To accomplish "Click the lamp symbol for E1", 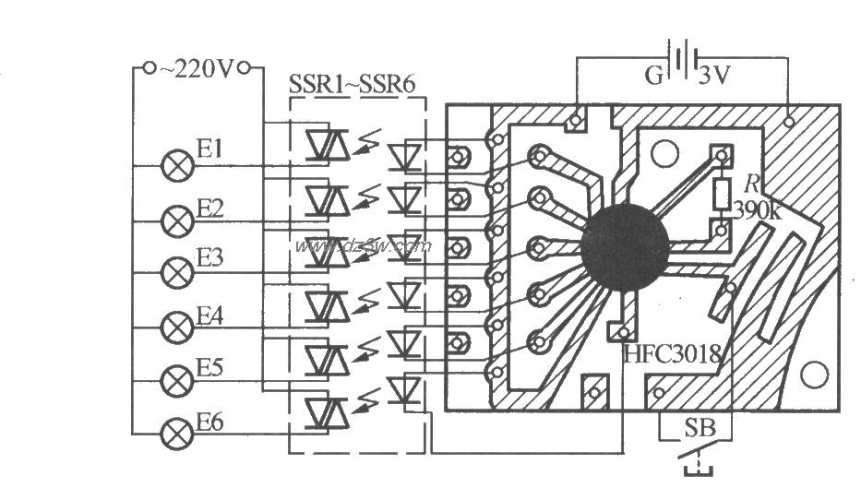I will coord(174,166).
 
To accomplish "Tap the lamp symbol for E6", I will coord(174,431).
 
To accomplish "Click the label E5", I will coord(209,368).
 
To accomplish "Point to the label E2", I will coord(209,208).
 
